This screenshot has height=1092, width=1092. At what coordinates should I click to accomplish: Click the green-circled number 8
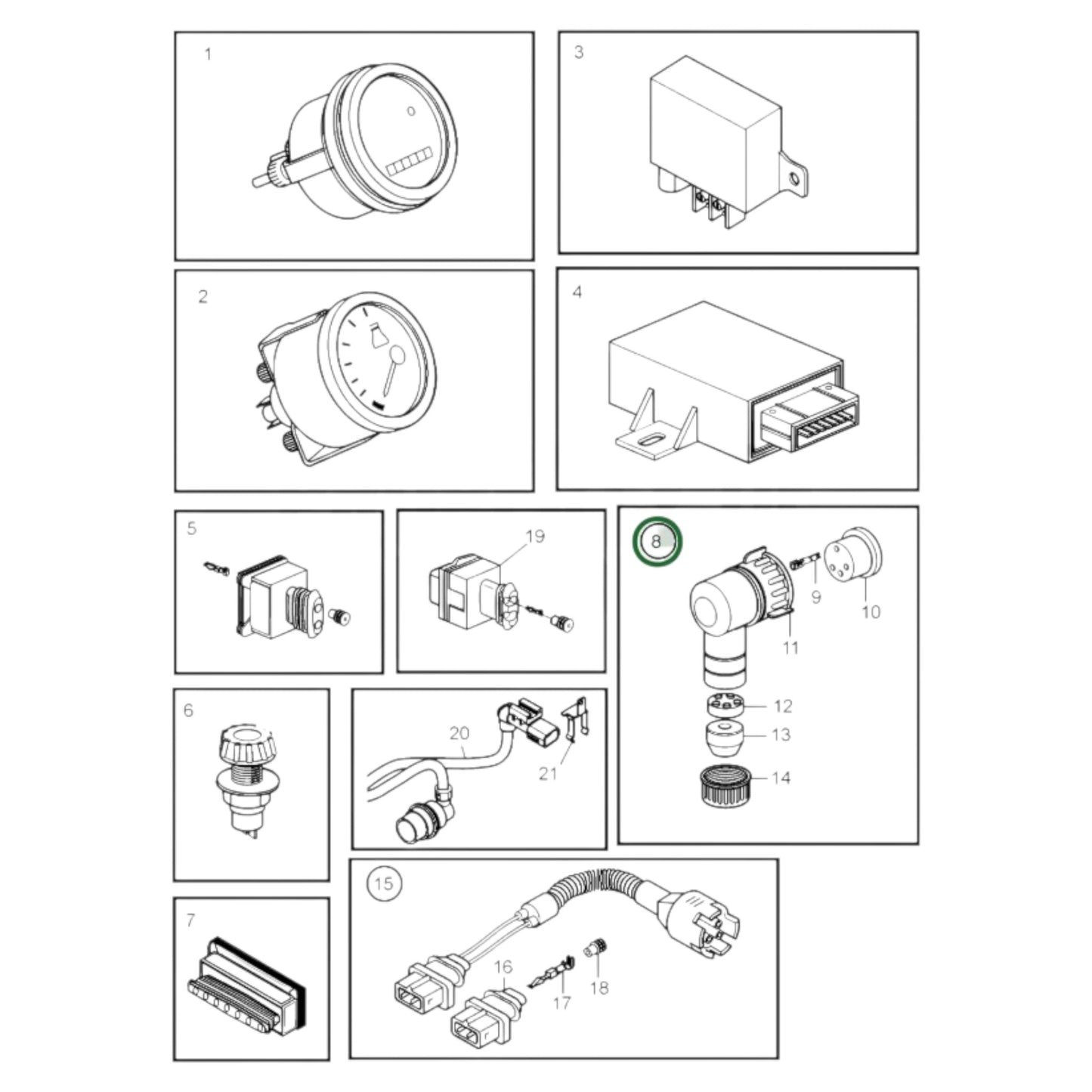656,542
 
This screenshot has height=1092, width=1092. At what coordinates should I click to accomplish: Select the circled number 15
384,883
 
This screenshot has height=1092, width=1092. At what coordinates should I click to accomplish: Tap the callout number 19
535,537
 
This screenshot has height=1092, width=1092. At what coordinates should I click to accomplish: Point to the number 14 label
781,778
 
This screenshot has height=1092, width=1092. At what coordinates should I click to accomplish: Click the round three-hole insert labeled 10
854,555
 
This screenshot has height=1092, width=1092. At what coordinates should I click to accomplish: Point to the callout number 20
459,733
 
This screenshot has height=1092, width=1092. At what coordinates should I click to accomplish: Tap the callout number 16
503,967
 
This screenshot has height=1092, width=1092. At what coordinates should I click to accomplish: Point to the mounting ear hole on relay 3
792,179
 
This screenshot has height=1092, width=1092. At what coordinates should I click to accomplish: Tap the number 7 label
190,920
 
